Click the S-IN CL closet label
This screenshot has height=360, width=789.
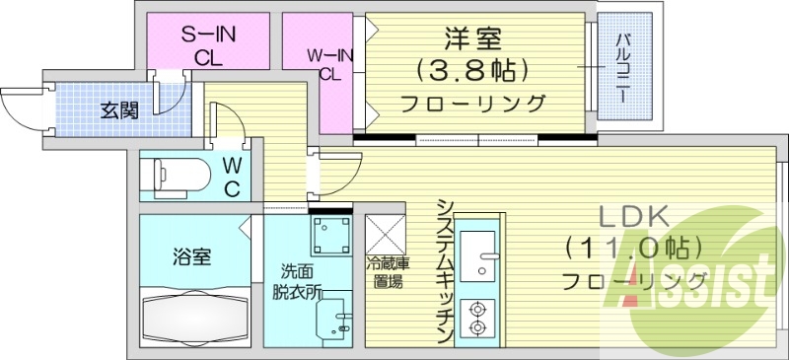click(206, 44)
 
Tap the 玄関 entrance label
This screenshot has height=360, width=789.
click(118, 109)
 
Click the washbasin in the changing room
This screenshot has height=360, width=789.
click(334, 319)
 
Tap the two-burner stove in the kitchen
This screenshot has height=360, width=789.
click(479, 315)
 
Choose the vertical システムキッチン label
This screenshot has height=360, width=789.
click(445, 271)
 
